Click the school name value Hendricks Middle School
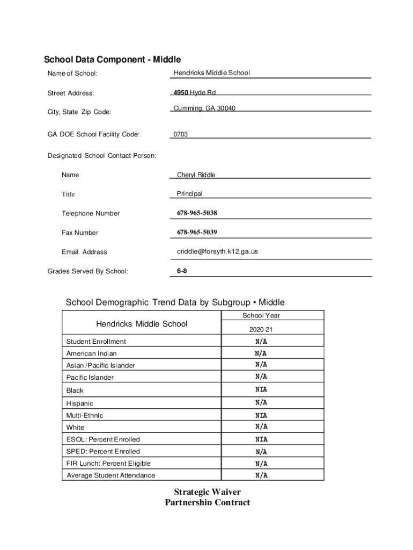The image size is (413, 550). coord(211,73)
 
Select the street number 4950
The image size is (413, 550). coord(181,92)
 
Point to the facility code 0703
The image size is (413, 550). coord(180,134)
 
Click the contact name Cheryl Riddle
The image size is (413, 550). coord(196,175)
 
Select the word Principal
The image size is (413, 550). coord(189,194)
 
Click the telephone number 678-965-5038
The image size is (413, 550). coord(197,213)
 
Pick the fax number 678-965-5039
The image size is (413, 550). coord(197,233)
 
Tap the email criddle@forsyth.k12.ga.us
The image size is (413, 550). coord(217,251)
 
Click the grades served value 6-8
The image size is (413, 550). coord(182,271)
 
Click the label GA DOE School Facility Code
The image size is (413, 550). coord(93,134)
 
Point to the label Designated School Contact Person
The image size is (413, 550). coord(102,156)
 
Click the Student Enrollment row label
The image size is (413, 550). coord(96,342)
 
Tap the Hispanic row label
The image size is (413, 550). coord(79,403)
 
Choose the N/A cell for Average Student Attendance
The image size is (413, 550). coord(261,475)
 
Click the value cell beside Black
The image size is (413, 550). coord(261,390)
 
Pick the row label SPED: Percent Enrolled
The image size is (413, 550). coord(103,452)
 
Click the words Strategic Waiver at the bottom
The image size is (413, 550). coord(207,492)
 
